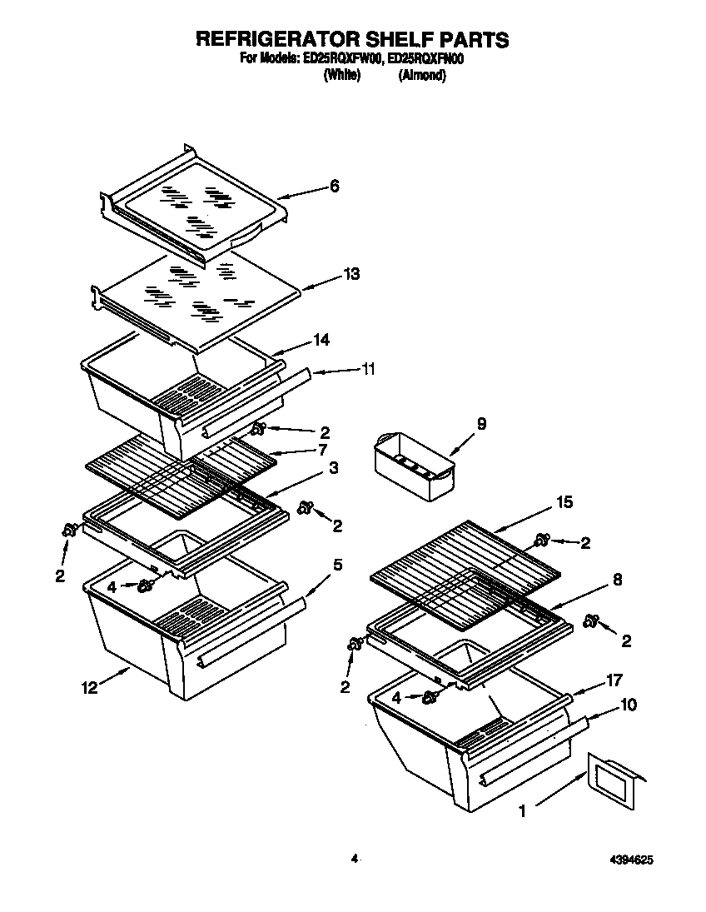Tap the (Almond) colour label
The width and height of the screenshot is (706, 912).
point(422,75)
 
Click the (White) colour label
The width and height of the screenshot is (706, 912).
point(341,75)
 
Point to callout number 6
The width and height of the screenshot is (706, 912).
point(335,187)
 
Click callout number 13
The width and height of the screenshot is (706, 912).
point(351,274)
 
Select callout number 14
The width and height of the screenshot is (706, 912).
point(321,340)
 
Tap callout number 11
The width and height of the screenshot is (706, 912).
point(367,368)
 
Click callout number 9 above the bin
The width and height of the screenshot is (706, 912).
point(481,424)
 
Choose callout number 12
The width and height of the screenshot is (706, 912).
point(89,687)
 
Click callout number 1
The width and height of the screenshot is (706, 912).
point(522,810)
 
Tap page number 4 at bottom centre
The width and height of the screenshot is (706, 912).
point(354,858)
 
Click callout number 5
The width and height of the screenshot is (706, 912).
point(337,566)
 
